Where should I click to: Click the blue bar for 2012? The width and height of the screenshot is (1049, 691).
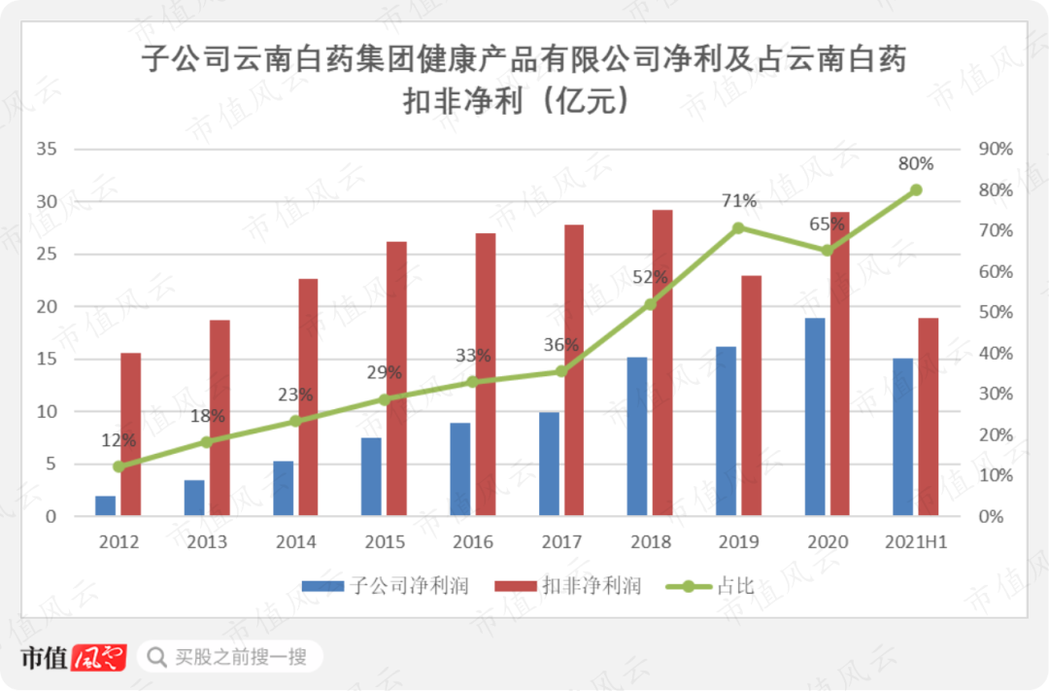click(105, 505)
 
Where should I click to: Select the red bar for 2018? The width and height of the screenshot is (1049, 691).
click(662, 363)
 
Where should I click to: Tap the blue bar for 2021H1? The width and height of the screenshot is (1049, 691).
click(902, 436)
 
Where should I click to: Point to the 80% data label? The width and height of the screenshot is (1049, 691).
click(916, 164)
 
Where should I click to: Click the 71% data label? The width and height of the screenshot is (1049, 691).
click(739, 201)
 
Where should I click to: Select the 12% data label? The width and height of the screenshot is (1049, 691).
click(118, 440)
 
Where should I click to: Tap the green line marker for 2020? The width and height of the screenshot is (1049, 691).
click(827, 251)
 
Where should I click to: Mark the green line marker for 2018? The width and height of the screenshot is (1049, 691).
click(650, 304)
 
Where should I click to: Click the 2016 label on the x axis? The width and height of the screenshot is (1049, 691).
click(473, 541)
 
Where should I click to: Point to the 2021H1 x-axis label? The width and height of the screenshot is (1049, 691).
click(916, 541)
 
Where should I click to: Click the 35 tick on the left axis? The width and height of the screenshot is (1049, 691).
click(47, 150)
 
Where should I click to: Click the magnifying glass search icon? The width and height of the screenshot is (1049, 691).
click(155, 657)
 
